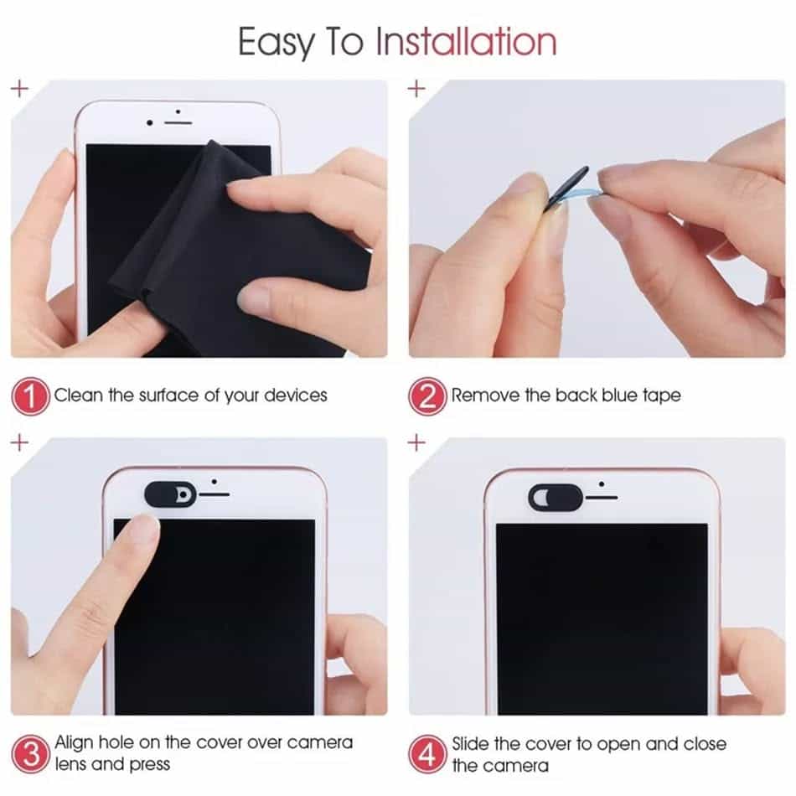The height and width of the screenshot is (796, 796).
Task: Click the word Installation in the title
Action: (465, 41)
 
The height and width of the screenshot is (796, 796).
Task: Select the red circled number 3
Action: (30, 753)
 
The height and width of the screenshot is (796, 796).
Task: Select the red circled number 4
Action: (427, 753)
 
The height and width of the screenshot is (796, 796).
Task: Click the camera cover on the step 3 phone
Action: (170, 494)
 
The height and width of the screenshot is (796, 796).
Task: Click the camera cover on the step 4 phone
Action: (555, 497)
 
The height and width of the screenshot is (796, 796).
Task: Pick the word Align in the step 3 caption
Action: (74, 742)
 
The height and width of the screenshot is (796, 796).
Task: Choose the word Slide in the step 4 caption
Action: (473, 743)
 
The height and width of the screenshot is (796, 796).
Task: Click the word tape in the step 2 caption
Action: (661, 395)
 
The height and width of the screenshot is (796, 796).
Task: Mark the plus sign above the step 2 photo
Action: (416, 88)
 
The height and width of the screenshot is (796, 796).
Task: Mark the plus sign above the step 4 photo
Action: (416, 443)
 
